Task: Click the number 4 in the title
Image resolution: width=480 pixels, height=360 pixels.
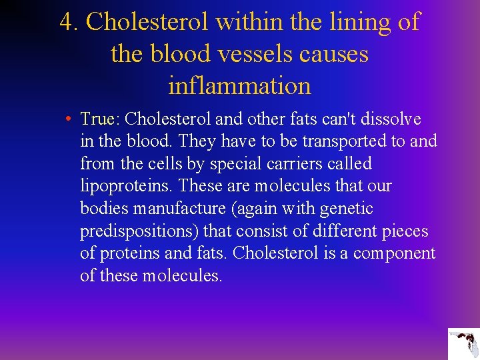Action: tap(66, 22)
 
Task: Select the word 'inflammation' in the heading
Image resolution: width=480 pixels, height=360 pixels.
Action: tap(240, 85)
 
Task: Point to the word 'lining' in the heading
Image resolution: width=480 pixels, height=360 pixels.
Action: tap(357, 22)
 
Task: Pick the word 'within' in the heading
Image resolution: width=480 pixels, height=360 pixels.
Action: tap(247, 22)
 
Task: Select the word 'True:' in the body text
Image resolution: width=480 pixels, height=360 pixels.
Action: tap(99, 119)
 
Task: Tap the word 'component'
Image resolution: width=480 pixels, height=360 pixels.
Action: tap(394, 253)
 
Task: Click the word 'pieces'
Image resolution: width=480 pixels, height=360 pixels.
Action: tap(405, 231)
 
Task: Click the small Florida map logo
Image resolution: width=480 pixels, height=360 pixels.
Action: tap(463, 344)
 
